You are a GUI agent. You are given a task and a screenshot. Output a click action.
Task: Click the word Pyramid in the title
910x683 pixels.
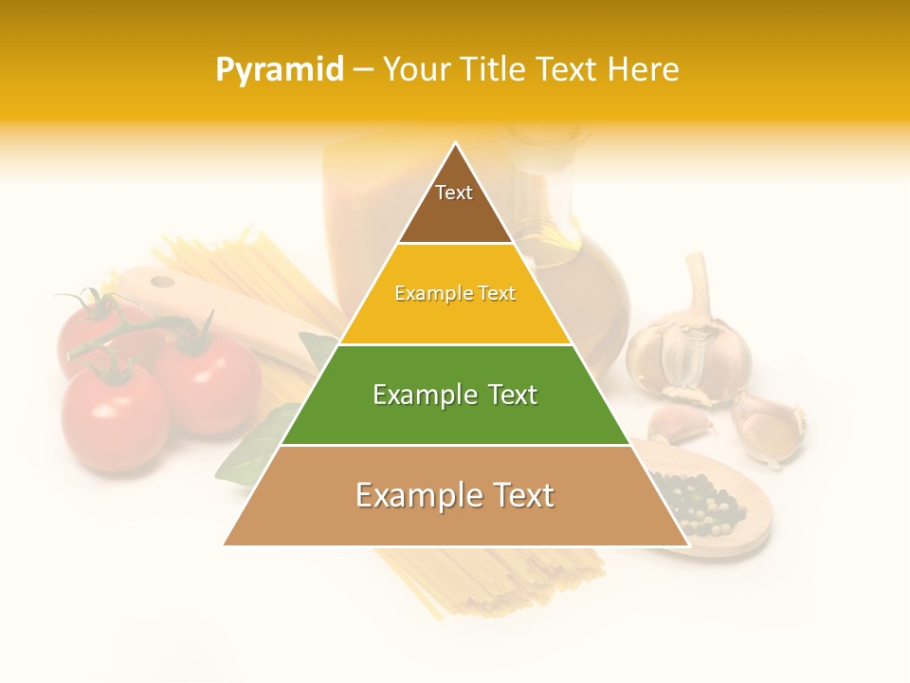(x=279, y=70)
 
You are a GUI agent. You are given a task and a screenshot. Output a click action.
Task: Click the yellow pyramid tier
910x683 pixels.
(x=455, y=294)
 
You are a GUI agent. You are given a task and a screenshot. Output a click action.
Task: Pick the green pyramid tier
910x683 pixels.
(x=455, y=396)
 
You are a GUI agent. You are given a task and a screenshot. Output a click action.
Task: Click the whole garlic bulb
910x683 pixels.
(x=689, y=356)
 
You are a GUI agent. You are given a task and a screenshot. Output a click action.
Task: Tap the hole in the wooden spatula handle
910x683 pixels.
(x=163, y=282)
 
